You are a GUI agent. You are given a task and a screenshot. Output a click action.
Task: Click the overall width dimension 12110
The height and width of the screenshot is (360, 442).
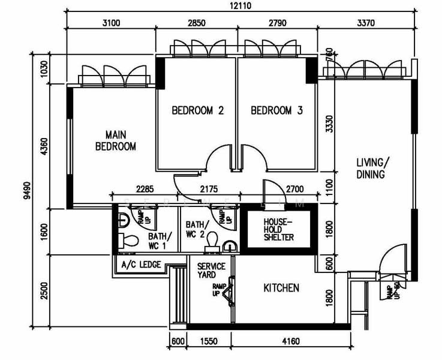click(239, 6)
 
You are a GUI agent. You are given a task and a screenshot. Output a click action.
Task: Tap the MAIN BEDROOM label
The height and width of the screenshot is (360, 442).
click(116, 140)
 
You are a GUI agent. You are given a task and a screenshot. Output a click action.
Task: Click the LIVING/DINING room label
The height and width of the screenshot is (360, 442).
click(372, 169)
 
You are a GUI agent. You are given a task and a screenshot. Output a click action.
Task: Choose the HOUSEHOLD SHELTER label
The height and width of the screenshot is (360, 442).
click(279, 229)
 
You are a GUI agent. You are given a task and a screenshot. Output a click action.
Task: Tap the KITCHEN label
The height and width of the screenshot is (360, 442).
click(281, 289)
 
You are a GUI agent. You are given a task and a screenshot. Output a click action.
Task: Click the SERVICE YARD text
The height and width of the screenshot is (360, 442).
click(208, 271)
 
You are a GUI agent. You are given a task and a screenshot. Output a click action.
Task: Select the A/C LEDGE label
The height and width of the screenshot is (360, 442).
click(141, 265)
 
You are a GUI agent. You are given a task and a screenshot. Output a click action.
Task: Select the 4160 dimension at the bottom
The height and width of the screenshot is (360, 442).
click(290, 343)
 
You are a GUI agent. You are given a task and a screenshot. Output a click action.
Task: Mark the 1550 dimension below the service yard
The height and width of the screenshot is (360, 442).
click(208, 343)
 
